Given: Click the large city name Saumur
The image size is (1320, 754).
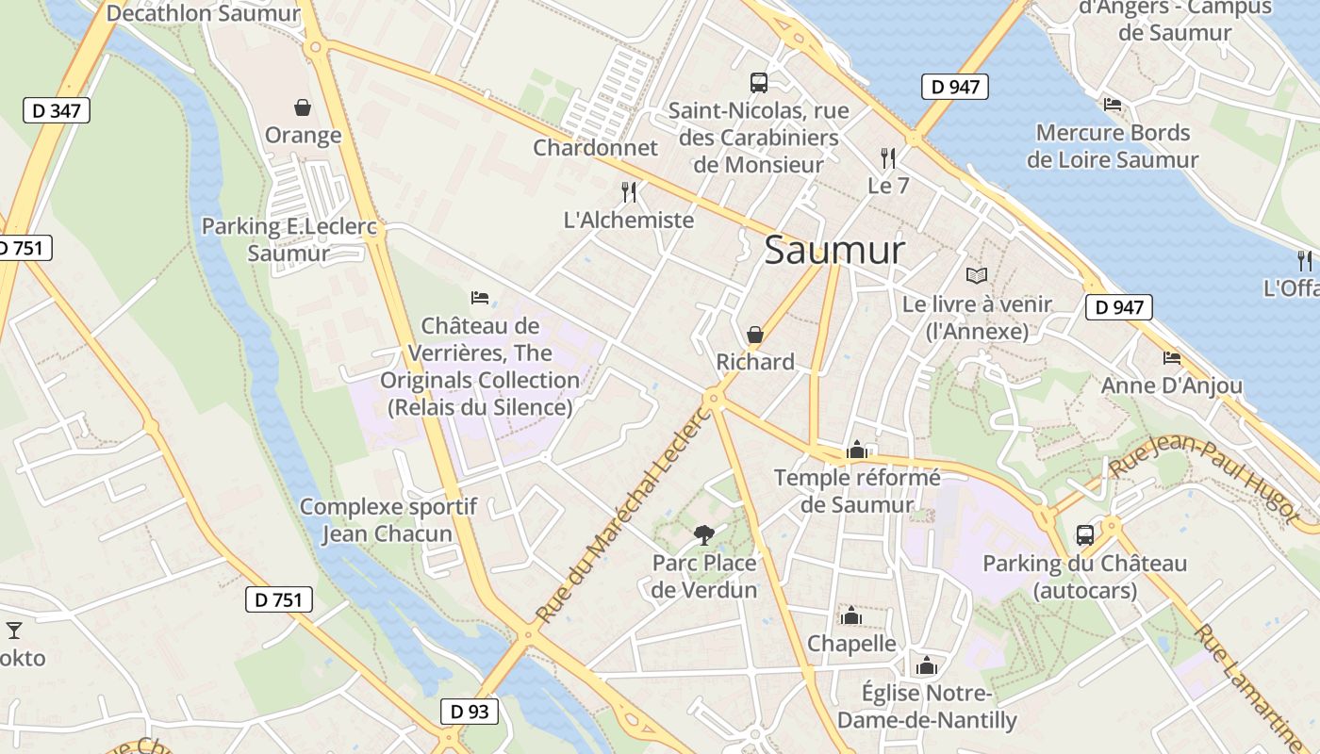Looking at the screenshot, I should (834, 251).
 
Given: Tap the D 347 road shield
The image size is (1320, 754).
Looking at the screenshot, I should (57, 110).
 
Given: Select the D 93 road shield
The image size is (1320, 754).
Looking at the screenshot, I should (469, 712).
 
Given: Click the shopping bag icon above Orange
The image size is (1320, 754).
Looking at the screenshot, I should (303, 107).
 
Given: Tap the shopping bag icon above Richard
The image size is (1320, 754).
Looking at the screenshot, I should (755, 335).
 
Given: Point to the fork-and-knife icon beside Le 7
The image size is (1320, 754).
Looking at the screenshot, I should (887, 157).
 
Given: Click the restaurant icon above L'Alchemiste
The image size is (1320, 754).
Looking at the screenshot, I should (629, 192).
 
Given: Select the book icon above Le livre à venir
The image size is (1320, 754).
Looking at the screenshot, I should (977, 276).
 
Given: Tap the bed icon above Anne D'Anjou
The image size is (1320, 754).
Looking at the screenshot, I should (1172, 358).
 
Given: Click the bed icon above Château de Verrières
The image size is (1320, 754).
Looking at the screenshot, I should (480, 299).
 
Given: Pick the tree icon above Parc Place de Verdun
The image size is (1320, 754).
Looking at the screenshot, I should (703, 535).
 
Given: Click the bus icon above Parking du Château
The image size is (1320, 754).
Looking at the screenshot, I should (1085, 535).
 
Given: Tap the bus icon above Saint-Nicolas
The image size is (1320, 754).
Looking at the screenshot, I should (759, 82).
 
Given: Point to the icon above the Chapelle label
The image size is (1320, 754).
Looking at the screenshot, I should (851, 616).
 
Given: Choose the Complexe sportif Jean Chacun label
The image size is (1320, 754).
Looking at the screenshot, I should (388, 520).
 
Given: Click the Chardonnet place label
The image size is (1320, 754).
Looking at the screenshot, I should (595, 148).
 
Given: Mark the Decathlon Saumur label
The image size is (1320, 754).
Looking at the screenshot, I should (203, 13).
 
